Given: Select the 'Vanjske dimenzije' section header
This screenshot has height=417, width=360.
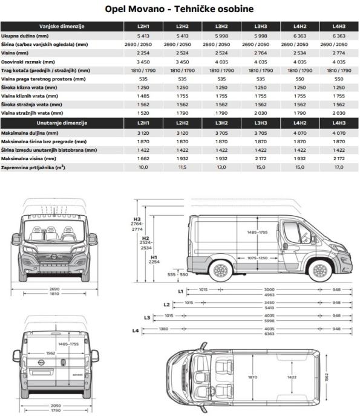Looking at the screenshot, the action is [62, 27].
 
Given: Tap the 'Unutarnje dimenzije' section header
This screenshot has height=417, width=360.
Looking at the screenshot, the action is [62, 123].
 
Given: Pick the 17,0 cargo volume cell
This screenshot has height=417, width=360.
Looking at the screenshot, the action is [339, 167].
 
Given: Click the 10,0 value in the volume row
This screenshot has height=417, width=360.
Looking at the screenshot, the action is [143, 167].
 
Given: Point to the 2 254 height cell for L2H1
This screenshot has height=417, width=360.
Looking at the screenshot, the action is [143, 53].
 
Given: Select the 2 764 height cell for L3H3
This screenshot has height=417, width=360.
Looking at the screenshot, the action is [261, 53].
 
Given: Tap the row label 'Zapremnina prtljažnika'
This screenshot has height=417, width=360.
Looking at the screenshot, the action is [33, 167].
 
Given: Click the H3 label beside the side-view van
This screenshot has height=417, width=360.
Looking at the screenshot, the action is [137, 219].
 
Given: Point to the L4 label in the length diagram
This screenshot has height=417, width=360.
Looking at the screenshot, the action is [136, 331].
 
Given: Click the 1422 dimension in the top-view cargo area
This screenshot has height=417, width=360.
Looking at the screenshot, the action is [292, 377].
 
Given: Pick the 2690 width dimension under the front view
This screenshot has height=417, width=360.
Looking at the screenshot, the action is [54, 288].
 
